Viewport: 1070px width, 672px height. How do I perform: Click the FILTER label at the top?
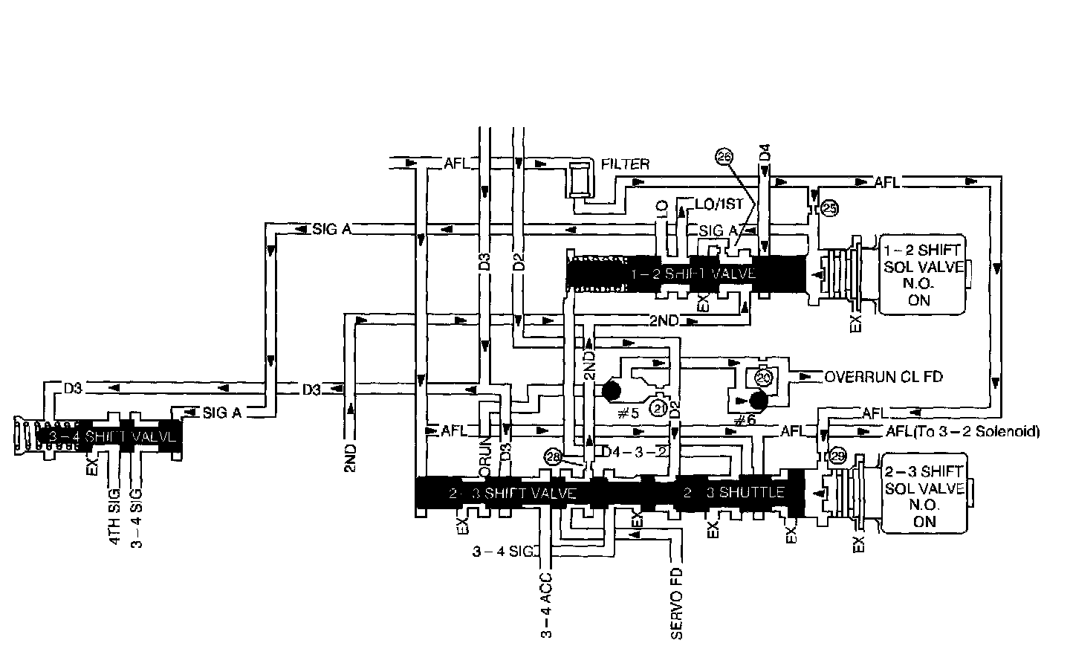[x=626, y=164]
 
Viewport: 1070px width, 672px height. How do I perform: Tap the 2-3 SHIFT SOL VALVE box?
[x=925, y=496]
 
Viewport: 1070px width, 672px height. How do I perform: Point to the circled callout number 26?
[x=724, y=155]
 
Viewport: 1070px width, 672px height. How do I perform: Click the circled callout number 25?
[x=829, y=209]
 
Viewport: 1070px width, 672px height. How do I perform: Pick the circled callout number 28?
[x=552, y=457]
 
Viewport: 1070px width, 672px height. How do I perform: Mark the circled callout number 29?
[x=837, y=457]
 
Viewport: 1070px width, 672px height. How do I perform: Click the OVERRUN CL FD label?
[x=883, y=377]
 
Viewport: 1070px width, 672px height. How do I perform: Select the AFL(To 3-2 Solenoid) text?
[x=962, y=431]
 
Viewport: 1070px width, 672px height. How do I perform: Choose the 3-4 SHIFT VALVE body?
[x=115, y=436]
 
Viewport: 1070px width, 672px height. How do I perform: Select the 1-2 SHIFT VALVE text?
[x=693, y=274]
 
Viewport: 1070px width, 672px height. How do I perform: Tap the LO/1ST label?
[x=719, y=204]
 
